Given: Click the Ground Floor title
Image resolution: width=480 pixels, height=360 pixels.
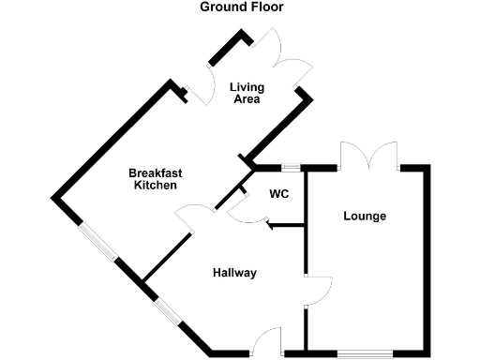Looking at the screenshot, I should [x=241, y=7].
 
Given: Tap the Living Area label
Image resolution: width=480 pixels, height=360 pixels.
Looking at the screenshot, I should [x=247, y=94].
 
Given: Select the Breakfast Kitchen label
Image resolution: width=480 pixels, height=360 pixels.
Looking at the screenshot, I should [x=155, y=179].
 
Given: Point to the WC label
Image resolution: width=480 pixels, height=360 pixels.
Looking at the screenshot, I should [x=278, y=195].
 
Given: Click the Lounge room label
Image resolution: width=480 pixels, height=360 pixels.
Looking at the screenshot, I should [x=365, y=217].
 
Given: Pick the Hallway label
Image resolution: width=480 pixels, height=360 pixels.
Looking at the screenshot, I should [x=234, y=274].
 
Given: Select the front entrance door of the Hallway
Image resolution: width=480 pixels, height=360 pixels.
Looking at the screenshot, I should [x=271, y=339].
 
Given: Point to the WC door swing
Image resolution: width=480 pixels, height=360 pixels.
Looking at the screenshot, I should [x=246, y=212].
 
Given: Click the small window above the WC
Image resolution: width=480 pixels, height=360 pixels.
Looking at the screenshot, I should [x=291, y=168].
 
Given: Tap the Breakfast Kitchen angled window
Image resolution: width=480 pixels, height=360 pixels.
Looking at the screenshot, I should [x=98, y=242].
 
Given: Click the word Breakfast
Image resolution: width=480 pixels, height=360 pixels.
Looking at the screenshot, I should [x=155, y=172].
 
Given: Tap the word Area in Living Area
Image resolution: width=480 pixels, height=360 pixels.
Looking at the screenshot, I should [x=247, y=99].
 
